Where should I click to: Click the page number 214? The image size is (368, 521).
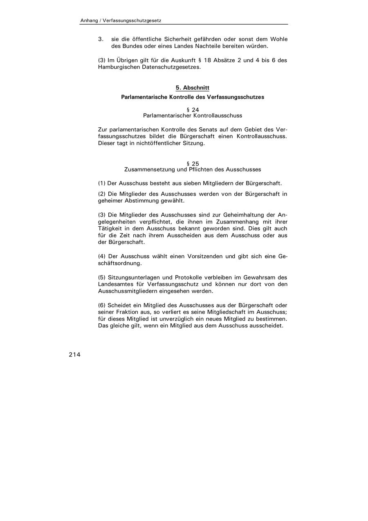click(x=74, y=355)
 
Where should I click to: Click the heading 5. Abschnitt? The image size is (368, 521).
click(x=193, y=88)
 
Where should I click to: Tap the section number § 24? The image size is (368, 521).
click(x=193, y=110)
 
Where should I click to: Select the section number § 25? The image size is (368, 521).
click(x=193, y=164)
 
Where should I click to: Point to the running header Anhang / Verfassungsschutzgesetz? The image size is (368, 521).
click(x=123, y=20)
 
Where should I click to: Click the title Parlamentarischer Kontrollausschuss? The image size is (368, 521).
click(x=193, y=115)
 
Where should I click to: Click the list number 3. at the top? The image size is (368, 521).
click(x=101, y=39)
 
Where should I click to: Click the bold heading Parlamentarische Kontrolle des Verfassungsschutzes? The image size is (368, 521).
click(x=193, y=97)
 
